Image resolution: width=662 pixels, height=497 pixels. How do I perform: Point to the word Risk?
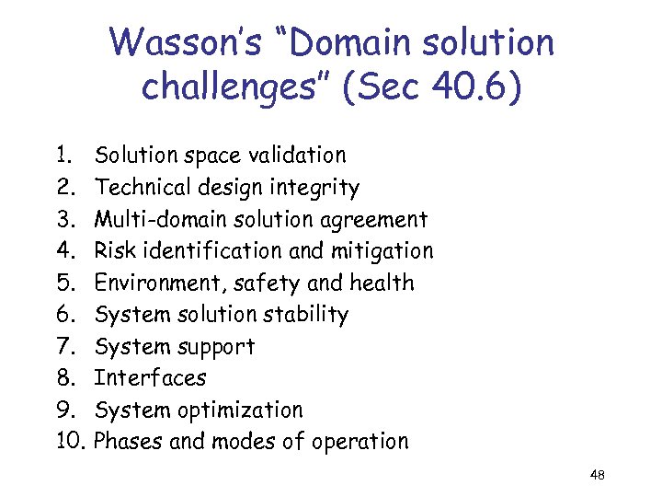pos(113,250)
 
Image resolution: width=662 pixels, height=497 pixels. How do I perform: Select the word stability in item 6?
pos(304,315)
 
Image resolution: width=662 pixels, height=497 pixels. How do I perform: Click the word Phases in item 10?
pos(130,441)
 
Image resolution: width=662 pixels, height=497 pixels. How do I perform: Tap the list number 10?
pos(72,441)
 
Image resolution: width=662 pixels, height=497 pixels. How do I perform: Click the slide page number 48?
pos(598,475)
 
